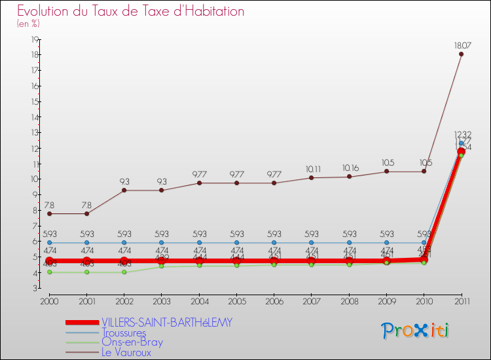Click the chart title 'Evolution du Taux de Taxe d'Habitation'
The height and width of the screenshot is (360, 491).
pyautogui.click(x=131, y=12)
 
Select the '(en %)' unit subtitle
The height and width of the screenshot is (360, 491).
pyautogui.click(x=28, y=24)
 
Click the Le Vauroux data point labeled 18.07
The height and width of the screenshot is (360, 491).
pyautogui.click(x=461, y=54)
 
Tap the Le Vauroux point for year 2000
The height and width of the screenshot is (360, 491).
pyautogui.click(x=49, y=213)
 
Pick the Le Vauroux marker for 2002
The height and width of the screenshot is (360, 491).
pyautogui.click(x=124, y=190)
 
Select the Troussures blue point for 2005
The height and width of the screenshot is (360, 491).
pyautogui.click(x=237, y=243)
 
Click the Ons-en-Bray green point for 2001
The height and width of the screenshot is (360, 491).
pyautogui.click(x=86, y=272)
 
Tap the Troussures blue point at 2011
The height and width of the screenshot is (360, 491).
pyautogui.click(x=461, y=143)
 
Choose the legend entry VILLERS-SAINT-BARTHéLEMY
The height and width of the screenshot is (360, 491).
pyautogui.click(x=166, y=323)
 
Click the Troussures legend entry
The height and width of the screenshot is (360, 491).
pyautogui.click(x=124, y=333)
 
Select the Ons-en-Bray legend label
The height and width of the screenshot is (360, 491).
pyautogui.click(x=132, y=342)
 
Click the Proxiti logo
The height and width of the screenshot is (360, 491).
pyautogui.click(x=416, y=331)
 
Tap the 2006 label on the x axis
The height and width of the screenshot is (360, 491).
pyautogui.click(x=274, y=301)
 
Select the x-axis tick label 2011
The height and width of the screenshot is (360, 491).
pyautogui.click(x=461, y=301)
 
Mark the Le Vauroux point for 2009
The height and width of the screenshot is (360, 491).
pyautogui.click(x=386, y=171)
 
